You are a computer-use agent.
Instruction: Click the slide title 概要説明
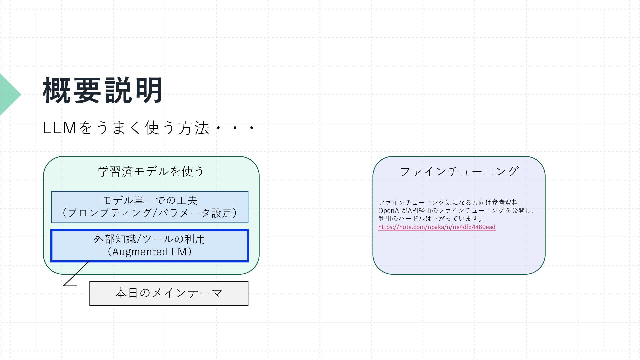102,91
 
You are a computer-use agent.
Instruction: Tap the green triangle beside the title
9,95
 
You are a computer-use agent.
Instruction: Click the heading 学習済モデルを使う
151,171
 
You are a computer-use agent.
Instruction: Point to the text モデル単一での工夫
150,200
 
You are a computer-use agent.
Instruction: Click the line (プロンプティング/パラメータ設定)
150,213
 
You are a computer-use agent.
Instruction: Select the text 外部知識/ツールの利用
150,239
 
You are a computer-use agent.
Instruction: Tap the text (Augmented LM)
150,252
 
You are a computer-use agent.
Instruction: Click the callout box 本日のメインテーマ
169,293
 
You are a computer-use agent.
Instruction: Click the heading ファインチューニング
459,172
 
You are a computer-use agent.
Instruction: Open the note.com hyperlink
437,227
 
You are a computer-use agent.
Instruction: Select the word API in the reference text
413,211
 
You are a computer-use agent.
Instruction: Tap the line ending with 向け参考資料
448,202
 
